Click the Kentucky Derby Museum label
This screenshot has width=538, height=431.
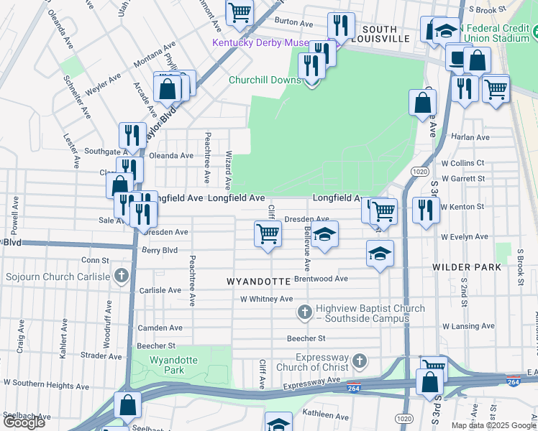point(269,43)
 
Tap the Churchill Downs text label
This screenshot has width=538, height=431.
point(265,80)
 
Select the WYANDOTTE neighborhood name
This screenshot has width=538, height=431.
point(258,280)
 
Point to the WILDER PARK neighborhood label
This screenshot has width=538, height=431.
point(467,267)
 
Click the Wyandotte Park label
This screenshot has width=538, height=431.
point(168,365)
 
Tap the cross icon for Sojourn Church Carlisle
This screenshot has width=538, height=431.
point(122,276)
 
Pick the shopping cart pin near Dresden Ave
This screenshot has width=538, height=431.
point(268,233)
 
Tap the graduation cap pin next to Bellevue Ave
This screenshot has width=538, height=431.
point(324,233)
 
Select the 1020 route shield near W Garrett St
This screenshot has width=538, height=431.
point(421,172)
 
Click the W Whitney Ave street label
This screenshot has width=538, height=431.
point(266,299)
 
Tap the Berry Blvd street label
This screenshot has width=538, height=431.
point(159,251)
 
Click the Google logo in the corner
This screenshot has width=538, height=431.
point(24,422)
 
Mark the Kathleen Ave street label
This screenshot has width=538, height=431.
point(325,414)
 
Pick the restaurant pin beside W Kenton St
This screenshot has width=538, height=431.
point(425,210)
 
